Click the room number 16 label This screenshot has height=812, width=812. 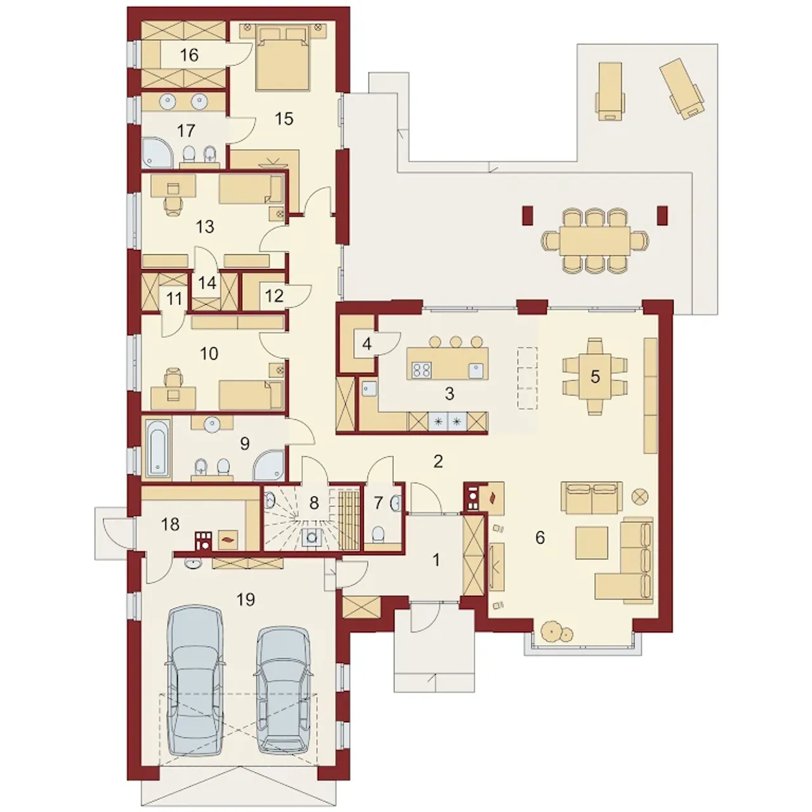click(189, 55)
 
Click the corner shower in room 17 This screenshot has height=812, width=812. click(157, 152)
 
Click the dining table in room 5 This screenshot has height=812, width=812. click(594, 376)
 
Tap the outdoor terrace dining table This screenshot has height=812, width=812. click(595, 240)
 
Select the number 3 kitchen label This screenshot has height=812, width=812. click(450, 394)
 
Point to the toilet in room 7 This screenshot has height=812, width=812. click(379, 534)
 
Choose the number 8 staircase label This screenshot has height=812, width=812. click(314, 502)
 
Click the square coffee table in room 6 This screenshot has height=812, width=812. click(592, 543)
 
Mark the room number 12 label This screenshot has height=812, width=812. click(274, 296)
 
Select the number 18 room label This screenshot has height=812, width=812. click(170, 524)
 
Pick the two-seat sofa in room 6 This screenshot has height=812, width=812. click(592, 498)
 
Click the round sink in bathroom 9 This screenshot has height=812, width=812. click(212, 423)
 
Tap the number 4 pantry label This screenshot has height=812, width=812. click(367, 344)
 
